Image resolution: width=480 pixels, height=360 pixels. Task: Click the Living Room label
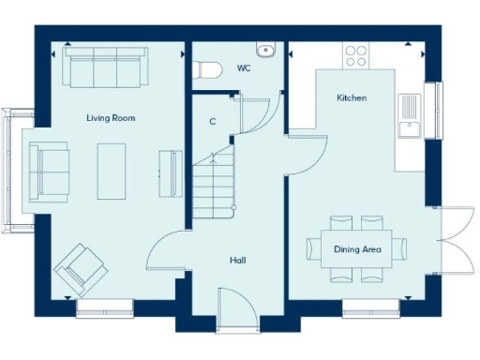111,117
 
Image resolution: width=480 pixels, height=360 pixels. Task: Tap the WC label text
244,68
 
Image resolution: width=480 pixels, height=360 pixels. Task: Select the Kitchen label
352,97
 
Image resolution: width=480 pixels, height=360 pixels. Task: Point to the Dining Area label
357,248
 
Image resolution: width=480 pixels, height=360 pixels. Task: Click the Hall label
237,261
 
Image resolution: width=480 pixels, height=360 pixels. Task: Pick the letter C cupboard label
213,121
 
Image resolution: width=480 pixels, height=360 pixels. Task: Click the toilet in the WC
207,69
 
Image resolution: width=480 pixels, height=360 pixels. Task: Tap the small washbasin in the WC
265,49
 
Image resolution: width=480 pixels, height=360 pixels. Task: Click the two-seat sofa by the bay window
49,171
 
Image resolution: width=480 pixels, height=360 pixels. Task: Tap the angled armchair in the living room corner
80,268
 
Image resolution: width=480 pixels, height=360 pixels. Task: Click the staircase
214,183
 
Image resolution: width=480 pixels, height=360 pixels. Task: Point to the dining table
357,248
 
